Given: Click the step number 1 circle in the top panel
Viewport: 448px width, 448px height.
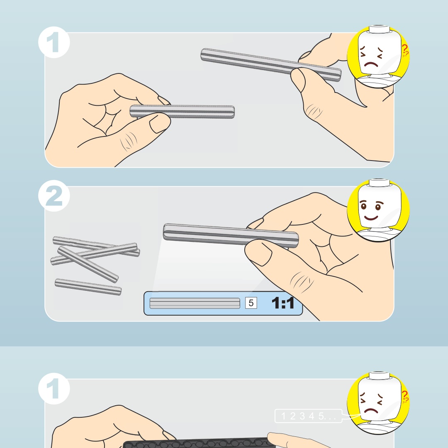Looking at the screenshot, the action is click(x=54, y=42).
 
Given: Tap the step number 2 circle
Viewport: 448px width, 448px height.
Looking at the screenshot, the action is click(x=54, y=196).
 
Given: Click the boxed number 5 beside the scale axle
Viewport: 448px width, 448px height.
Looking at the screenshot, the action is click(x=251, y=303).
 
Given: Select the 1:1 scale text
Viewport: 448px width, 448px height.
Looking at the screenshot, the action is click(x=282, y=303).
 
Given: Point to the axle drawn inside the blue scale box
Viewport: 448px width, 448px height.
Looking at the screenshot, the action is click(x=195, y=303).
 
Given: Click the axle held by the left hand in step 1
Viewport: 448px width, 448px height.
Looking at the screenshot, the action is click(x=182, y=112).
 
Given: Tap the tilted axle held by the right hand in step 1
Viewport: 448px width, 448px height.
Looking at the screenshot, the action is click(x=271, y=65).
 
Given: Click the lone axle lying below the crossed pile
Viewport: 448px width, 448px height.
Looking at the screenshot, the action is click(x=88, y=287).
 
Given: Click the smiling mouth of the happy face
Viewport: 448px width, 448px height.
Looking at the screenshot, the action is click(x=371, y=218).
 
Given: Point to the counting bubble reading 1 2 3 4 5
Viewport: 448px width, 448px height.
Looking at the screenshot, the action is click(x=308, y=416).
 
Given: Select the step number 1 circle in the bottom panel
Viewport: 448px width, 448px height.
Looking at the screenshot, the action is click(x=54, y=389).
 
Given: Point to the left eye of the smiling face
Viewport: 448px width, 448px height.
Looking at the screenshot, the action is click(x=363, y=206).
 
